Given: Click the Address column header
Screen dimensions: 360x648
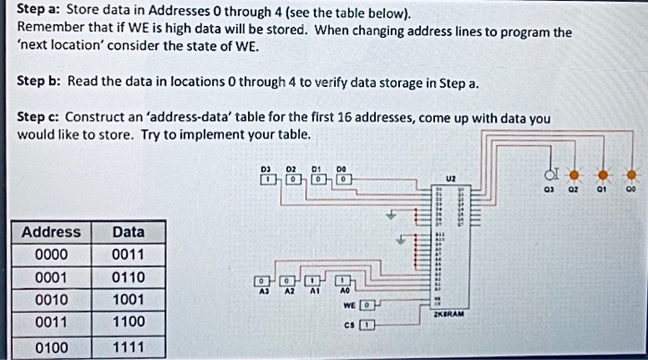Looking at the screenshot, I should pyautogui.click(x=51, y=231).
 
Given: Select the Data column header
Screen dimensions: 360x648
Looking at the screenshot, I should pyautogui.click(x=128, y=231).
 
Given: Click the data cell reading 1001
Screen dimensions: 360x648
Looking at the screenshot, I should pyautogui.click(x=128, y=300).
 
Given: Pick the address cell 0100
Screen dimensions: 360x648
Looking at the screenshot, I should pyautogui.click(x=51, y=346).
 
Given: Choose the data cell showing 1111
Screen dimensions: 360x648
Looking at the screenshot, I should pyautogui.click(x=128, y=346).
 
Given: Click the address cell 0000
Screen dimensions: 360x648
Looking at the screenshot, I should pyautogui.click(x=51, y=254).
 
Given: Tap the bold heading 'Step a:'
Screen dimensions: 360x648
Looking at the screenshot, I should pyautogui.click(x=39, y=10).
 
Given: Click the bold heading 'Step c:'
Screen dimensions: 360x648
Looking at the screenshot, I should pyautogui.click(x=40, y=118).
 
